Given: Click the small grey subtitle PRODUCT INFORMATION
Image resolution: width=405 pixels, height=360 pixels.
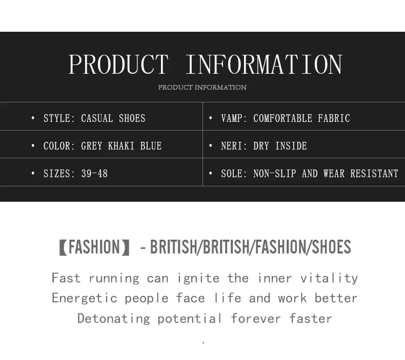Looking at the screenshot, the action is pos(202,87).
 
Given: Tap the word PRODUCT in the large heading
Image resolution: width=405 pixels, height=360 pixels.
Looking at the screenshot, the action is pos(118,65).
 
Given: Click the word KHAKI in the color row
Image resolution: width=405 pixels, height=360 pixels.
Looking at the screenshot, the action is pos(121,146).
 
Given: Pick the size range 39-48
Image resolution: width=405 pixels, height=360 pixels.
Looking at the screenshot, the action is pos(94,174).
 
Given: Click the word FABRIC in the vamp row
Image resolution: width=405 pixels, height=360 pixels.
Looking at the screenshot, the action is pos(334,118).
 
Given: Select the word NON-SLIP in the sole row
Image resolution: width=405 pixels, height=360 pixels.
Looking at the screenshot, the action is pos(275,174).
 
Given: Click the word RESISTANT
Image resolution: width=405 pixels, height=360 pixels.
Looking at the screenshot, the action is pos(374,174).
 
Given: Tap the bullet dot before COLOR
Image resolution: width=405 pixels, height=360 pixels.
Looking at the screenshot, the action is pos(33,146).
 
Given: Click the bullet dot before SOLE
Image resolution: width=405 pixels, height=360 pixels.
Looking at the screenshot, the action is pos(211,174).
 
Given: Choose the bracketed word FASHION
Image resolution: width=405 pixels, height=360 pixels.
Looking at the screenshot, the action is pos(94,247).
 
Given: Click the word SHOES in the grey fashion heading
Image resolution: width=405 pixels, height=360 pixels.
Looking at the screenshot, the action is pos(332,247).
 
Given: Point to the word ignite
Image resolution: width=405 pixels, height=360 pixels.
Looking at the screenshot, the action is pos(198,279).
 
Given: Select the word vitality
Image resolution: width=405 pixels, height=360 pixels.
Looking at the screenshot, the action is pos(329,278).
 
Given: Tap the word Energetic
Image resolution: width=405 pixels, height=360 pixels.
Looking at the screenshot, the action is pos(85,299).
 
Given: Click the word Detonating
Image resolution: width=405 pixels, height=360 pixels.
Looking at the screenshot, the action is pos(114,319).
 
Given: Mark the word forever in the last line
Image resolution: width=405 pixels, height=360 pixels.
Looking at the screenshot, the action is pos(256,319).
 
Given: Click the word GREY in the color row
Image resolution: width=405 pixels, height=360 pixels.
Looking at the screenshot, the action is pos(91,146).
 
